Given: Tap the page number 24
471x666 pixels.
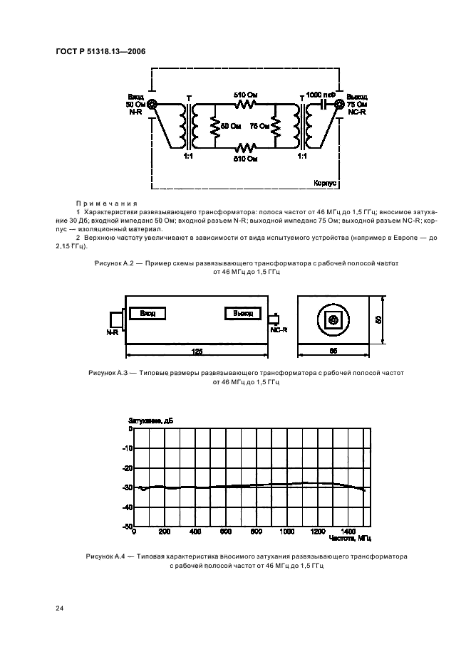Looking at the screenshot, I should [x=61, y=607].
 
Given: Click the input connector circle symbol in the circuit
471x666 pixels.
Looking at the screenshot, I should [x=152, y=103].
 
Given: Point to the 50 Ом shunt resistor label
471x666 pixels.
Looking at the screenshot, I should [x=230, y=126].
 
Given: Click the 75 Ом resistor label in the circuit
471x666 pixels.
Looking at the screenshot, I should [x=259, y=126].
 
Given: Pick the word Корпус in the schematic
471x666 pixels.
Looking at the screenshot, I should [x=325, y=183].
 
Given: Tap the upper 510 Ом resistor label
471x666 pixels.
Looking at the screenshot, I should [x=246, y=93].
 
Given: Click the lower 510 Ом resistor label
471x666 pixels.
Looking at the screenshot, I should [x=246, y=159].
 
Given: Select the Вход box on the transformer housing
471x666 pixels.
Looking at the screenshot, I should [x=147, y=313].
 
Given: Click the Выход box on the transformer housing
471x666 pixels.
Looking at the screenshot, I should [x=239, y=313].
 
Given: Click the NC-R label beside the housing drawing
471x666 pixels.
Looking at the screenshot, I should [x=278, y=330].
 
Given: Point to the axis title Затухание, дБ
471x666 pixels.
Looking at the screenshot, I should [x=150, y=421].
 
